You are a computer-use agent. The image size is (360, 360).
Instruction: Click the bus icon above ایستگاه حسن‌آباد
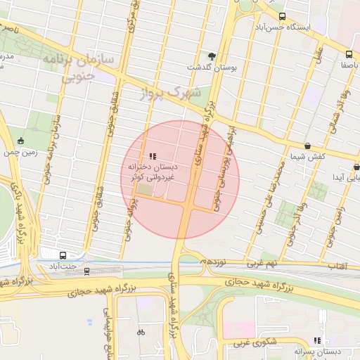click(x=282, y=16)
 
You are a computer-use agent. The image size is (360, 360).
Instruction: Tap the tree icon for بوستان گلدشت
click(x=212, y=56)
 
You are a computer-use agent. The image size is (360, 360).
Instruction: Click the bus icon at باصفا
click(x=349, y=54)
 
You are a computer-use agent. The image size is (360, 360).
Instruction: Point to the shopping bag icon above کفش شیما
click(x=308, y=146)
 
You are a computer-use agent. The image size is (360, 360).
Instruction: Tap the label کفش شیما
click(x=309, y=156)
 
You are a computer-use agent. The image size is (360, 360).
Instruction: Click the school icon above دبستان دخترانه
click(x=152, y=156)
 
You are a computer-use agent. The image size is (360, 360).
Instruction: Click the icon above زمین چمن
click(x=20, y=141)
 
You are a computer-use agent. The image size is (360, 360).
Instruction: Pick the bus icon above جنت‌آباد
click(x=63, y=256)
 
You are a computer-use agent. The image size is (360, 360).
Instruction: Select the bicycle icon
click(x=141, y=331)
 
